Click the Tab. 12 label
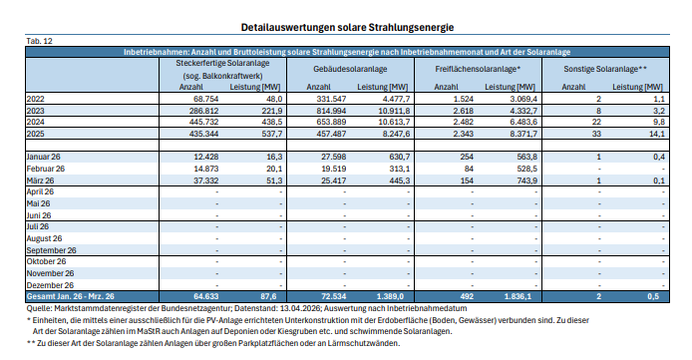39,39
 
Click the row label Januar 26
48,157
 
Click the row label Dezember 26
53,283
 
